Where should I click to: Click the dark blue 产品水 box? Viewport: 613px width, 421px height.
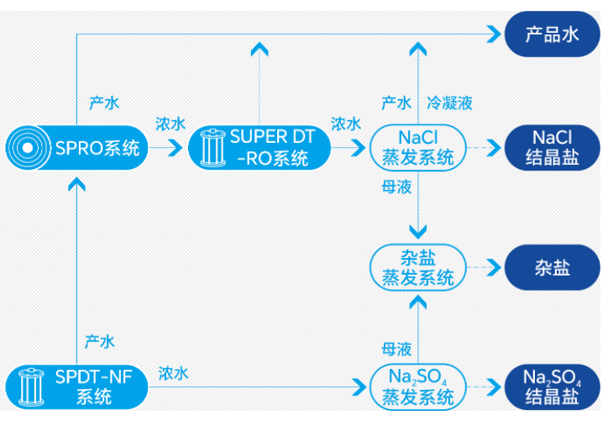click(x=552, y=34)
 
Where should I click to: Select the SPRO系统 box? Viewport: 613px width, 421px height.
click(x=76, y=148)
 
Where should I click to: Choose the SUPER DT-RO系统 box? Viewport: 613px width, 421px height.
click(x=258, y=148)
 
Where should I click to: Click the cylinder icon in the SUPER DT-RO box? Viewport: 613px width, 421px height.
click(x=210, y=148)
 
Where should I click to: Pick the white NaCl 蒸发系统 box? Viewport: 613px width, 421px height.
click(x=417, y=148)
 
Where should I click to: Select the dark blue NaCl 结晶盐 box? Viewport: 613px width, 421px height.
click(x=552, y=148)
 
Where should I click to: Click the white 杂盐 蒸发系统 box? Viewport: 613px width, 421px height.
click(x=417, y=268)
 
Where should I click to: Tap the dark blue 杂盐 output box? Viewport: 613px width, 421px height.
click(x=552, y=268)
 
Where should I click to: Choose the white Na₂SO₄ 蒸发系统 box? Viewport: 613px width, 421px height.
click(x=417, y=387)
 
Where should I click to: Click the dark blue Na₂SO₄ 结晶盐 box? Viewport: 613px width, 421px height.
click(x=552, y=387)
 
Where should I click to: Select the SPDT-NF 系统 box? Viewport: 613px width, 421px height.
click(x=76, y=387)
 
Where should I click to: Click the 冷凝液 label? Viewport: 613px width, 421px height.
click(x=449, y=103)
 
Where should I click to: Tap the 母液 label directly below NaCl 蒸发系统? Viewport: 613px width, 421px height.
click(x=396, y=187)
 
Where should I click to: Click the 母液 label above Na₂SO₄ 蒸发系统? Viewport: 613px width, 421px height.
click(x=396, y=347)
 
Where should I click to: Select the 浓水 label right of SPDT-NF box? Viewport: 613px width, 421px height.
click(x=173, y=373)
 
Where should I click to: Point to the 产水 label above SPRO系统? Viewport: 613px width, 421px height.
click(x=104, y=103)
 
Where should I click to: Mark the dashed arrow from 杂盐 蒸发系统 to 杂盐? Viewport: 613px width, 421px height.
click(x=482, y=268)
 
